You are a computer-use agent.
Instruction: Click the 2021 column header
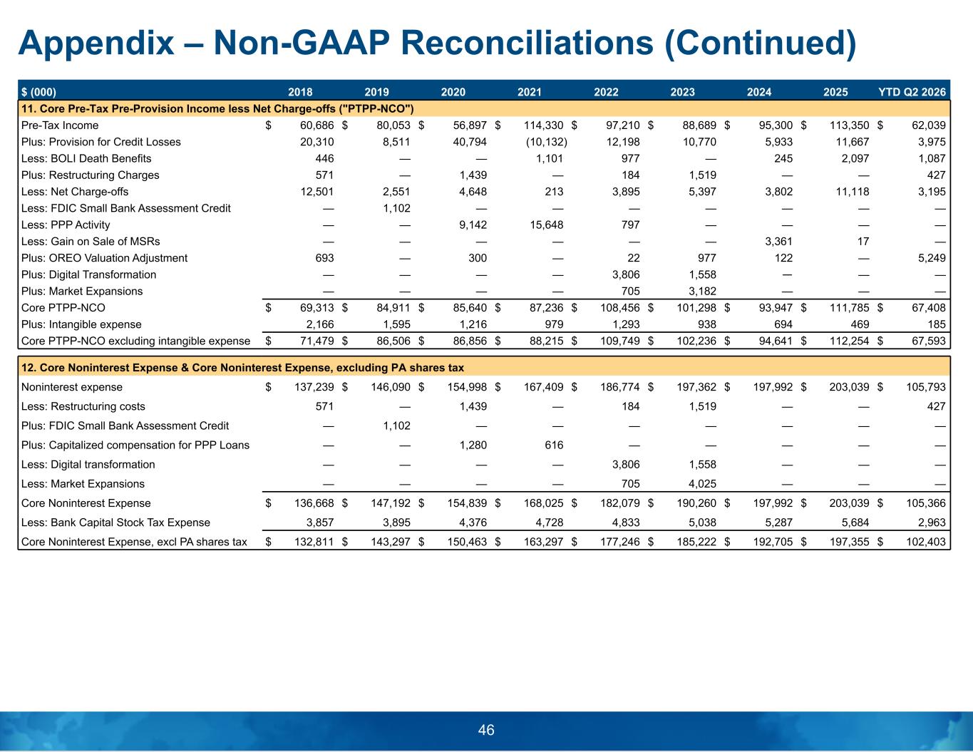529,92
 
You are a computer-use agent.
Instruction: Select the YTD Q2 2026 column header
912,92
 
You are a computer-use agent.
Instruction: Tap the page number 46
486,730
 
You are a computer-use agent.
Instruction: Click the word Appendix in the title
96,44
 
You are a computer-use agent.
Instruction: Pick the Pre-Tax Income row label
60,125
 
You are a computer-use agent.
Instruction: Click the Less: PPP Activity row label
66,225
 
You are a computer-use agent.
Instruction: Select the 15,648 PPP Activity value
546,225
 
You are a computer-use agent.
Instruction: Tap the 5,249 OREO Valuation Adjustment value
932,258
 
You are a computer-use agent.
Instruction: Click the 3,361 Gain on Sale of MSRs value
778,241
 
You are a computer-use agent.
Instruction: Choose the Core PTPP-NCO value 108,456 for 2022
619,307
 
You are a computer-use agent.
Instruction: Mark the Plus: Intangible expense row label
81,324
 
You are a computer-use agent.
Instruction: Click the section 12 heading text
242,368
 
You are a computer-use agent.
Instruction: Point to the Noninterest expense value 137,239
314,387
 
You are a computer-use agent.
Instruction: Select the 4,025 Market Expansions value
703,483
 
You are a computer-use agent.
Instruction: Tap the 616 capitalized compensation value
554,445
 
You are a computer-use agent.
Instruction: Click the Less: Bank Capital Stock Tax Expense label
115,522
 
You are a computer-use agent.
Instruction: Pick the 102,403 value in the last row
926,542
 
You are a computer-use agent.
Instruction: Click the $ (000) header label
38,92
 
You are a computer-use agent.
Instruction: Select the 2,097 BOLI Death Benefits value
855,158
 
